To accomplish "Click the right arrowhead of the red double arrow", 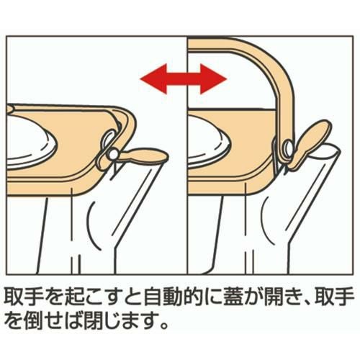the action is [x=214, y=79].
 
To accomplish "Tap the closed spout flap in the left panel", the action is [x=144, y=156].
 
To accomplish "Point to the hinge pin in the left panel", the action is [x=113, y=153].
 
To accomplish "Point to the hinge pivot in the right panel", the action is [x=288, y=147].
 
